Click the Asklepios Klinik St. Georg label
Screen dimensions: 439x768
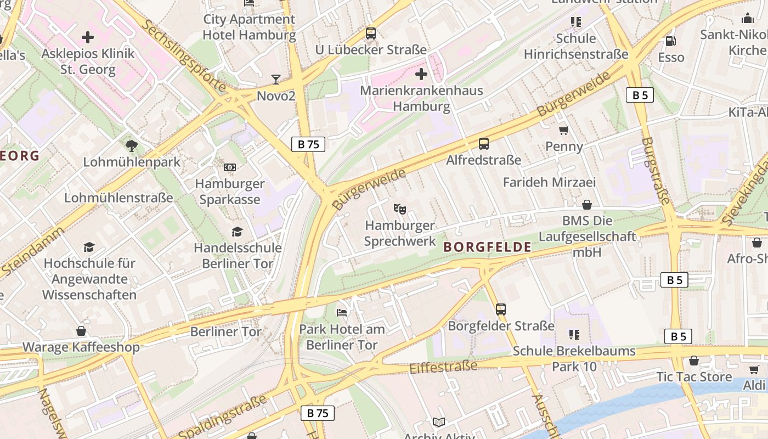[x=88, y=61]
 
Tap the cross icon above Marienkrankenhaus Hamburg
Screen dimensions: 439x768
[x=421, y=74]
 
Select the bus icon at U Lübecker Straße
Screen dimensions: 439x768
[x=371, y=33]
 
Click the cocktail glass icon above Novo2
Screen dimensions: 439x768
[x=276, y=80]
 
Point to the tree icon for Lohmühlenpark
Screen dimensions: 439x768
[x=131, y=146]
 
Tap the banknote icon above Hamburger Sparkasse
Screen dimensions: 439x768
[x=230, y=167]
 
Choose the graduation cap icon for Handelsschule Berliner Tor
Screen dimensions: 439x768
[x=238, y=232]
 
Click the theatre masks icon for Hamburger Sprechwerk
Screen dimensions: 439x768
[x=400, y=209]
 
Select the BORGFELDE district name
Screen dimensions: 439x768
[x=487, y=247]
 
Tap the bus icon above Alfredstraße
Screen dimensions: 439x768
[x=483, y=144]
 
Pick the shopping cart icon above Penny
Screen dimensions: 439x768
[x=564, y=130]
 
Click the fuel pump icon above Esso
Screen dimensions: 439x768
[x=670, y=41]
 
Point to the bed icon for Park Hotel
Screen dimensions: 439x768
[x=342, y=313]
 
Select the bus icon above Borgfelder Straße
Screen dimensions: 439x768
[x=501, y=309]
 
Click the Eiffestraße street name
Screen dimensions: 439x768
[x=443, y=367]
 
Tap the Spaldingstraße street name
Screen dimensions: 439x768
[x=222, y=417]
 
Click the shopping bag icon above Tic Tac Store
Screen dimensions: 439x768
[x=694, y=361]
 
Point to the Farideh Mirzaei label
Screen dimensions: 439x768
[x=549, y=182]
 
